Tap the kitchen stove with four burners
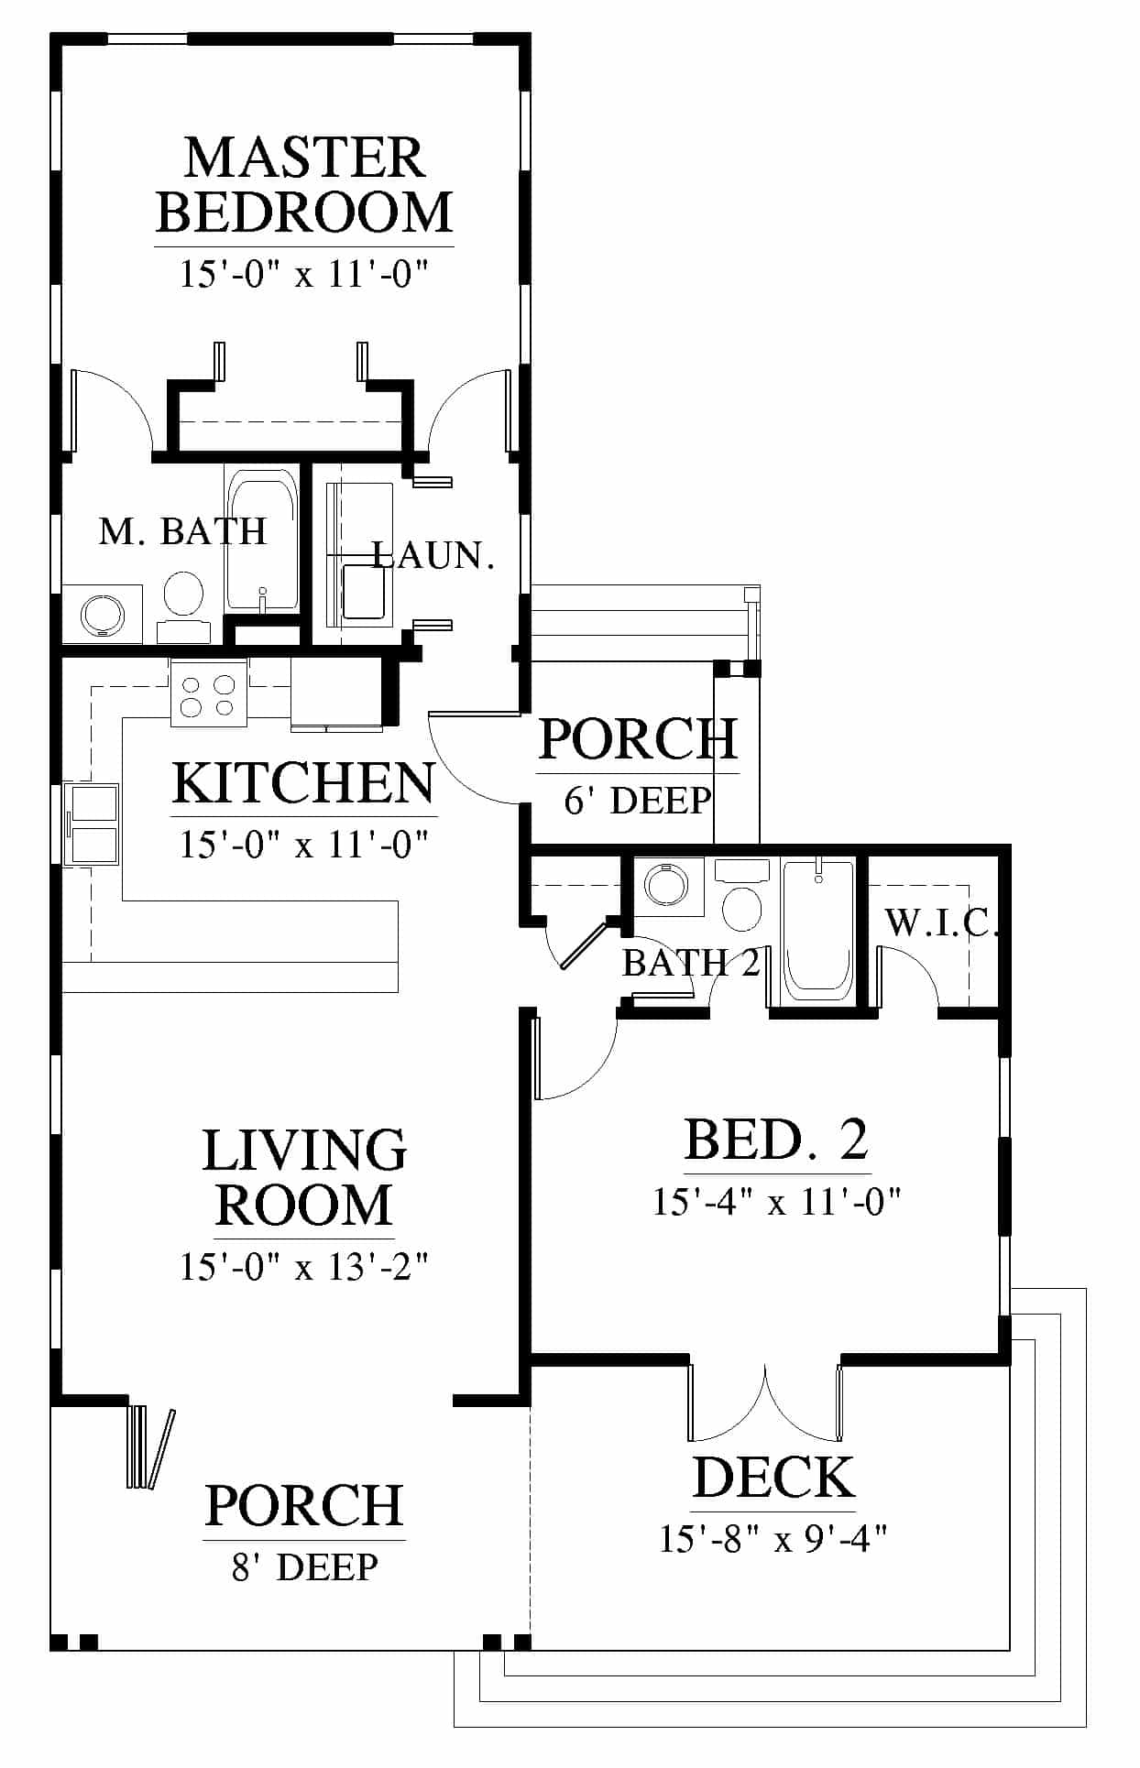point(208,693)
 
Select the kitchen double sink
point(92,823)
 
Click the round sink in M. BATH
point(101,614)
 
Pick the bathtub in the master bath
point(262,540)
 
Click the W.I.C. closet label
point(940,922)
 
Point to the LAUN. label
point(433,555)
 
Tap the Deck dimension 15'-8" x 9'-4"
point(773,1538)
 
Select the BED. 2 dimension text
point(777,1201)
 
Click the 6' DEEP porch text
point(638,800)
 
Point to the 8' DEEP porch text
point(304,1567)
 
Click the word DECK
point(773,1478)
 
